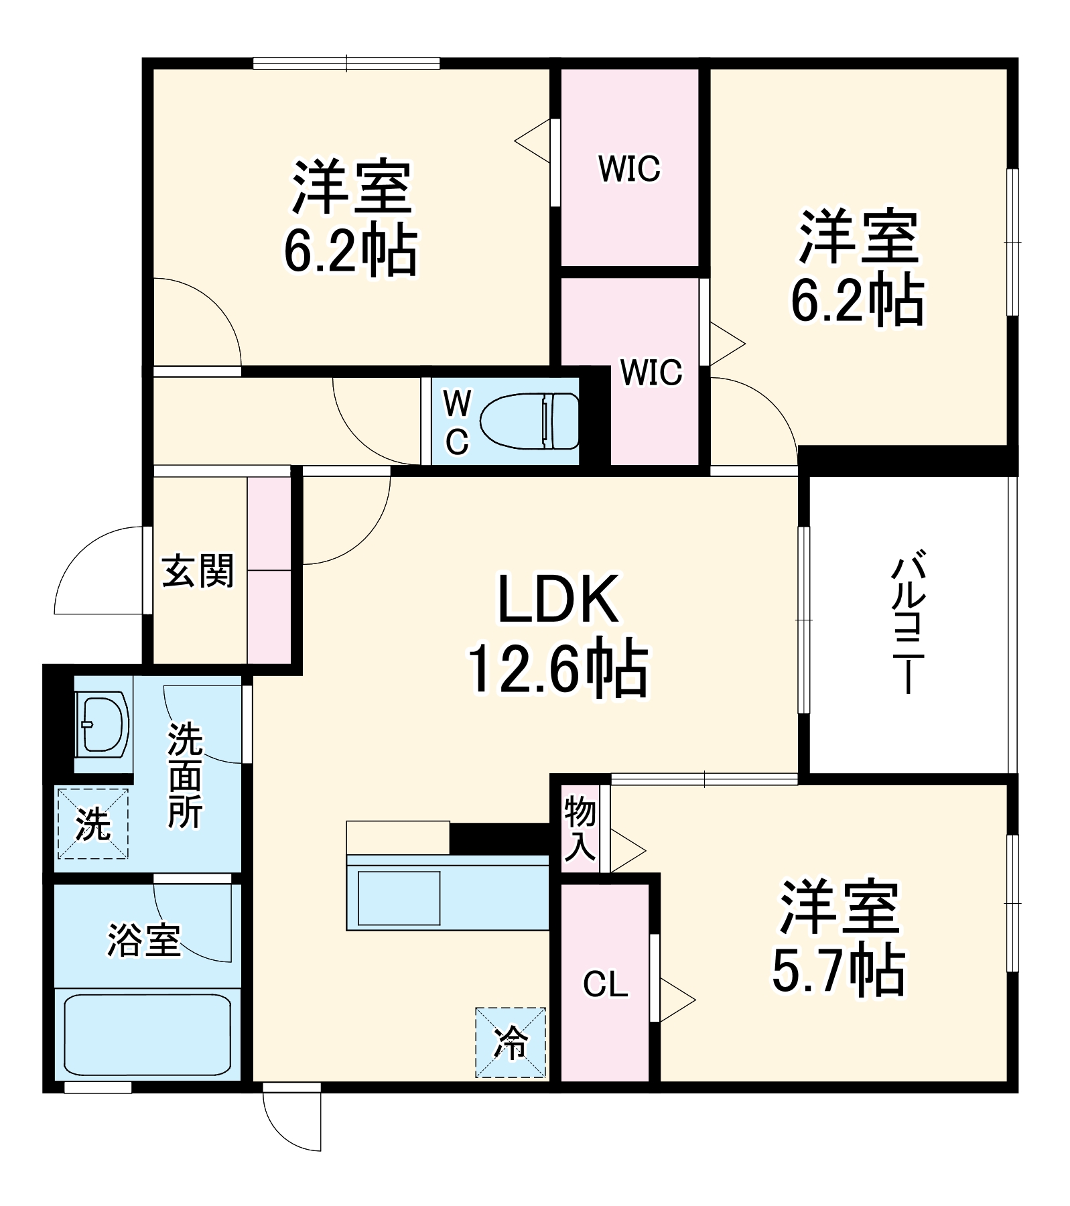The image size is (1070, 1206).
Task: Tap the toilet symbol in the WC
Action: pyautogui.click(x=529, y=421)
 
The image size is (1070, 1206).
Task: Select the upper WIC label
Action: pyautogui.click(x=628, y=168)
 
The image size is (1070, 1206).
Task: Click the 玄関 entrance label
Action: pyautogui.click(x=198, y=572)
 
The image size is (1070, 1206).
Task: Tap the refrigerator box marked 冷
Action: pyautogui.click(x=511, y=1043)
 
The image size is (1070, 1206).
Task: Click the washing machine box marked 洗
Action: pyautogui.click(x=92, y=823)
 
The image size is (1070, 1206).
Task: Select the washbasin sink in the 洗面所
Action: pyautogui.click(x=102, y=724)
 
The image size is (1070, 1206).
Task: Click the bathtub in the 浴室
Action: pyautogui.click(x=147, y=1035)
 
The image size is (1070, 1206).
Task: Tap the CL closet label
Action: pyautogui.click(x=605, y=984)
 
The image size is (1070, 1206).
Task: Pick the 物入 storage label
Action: pyautogui.click(x=580, y=828)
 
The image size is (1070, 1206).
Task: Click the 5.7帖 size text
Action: pyautogui.click(x=838, y=972)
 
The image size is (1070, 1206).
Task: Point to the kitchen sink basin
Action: pyautogui.click(x=399, y=898)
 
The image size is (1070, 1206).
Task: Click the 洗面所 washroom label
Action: pyautogui.click(x=184, y=775)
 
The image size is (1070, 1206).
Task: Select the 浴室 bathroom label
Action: pyautogui.click(x=144, y=940)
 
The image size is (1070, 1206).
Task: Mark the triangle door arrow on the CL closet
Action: pyautogui.click(x=677, y=1000)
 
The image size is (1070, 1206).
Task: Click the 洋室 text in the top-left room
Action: pyautogui.click(x=350, y=187)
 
